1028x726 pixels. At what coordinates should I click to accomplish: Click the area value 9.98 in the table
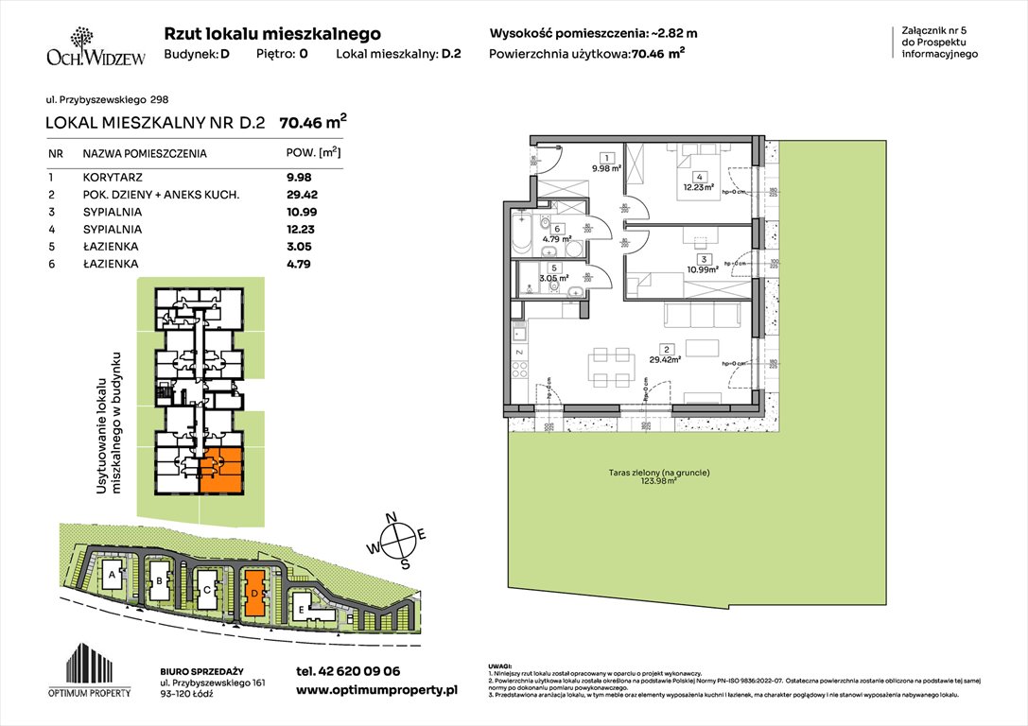pos(299,176)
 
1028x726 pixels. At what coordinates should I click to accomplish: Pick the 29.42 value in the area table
pos(302,194)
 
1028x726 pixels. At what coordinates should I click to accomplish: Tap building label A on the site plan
pos(113,575)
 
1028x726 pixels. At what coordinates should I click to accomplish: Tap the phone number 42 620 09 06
pos(347,670)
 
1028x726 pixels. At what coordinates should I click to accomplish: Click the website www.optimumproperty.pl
pos(376,690)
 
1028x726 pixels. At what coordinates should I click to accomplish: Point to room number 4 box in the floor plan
pos(699,177)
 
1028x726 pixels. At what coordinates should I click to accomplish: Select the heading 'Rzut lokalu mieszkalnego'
pos(272,33)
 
